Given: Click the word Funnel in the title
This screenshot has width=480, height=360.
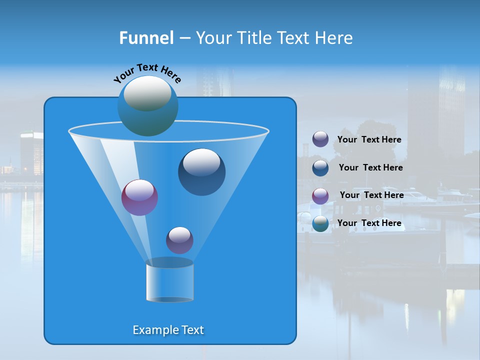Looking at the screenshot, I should (146, 38).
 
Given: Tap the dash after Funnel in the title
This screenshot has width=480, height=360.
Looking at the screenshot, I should (184, 38).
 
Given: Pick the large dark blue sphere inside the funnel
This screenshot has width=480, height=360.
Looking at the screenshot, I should (201, 172).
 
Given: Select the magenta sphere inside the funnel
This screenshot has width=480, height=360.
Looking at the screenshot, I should (139, 197).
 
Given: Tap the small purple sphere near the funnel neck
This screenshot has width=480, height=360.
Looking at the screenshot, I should (179, 240).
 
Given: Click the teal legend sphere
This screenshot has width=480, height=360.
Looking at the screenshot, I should (320, 223).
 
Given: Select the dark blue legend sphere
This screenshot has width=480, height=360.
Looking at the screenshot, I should (320, 167).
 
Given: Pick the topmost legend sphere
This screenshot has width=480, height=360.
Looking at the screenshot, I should (320, 139).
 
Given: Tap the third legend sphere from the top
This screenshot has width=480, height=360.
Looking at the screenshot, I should (320, 195).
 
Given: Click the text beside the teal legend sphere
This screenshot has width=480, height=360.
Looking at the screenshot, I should (369, 223).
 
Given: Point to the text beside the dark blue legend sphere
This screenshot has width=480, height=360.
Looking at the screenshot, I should (370, 167).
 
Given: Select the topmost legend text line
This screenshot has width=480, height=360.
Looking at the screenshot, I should (369, 139).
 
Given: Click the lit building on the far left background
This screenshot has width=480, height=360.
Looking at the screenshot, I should (31, 152).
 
